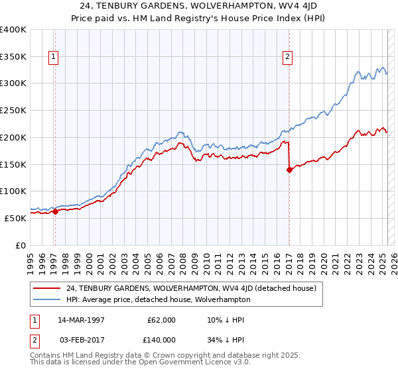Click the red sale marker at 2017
(x=289, y=170)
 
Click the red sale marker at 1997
(x=55, y=212)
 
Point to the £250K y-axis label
(x=13, y=110)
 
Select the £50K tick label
(x=15, y=218)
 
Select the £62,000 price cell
(x=161, y=319)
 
